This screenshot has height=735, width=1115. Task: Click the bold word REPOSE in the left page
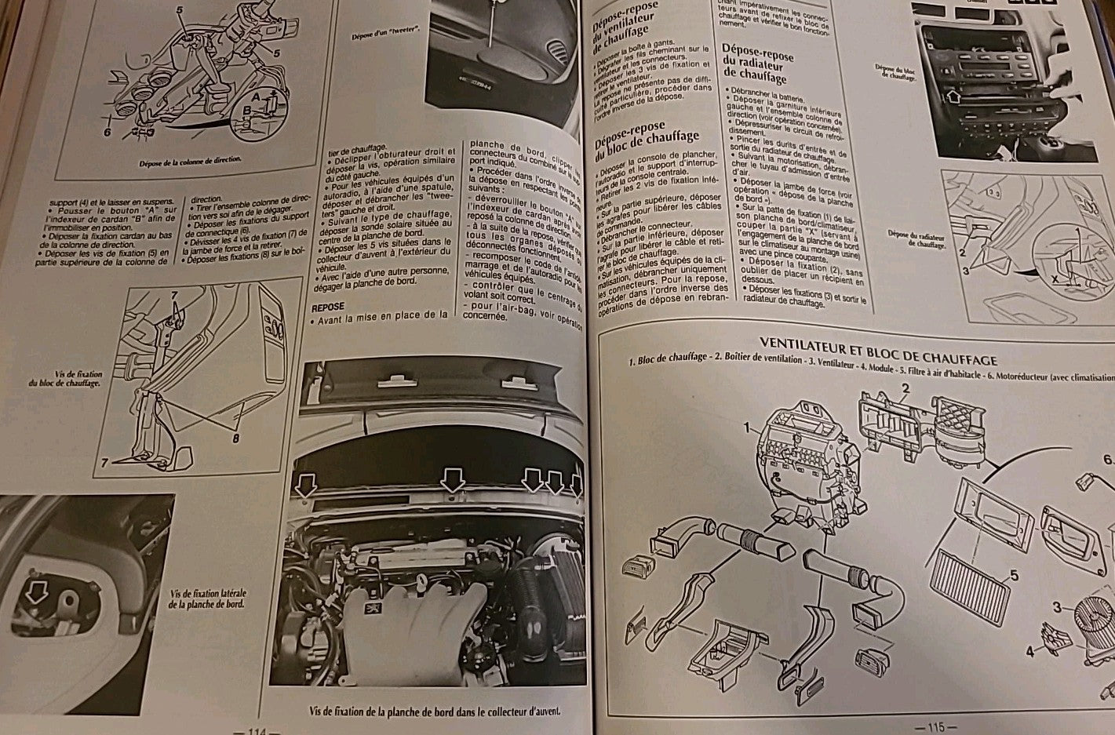(x=328, y=307)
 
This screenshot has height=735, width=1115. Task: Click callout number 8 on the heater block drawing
(x=235, y=438)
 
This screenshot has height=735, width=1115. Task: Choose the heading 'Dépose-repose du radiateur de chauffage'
(x=756, y=64)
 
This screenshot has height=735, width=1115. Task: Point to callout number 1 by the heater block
(x=749, y=428)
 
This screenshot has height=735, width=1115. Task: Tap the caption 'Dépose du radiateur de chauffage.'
(x=916, y=238)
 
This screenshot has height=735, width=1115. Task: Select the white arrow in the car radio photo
(x=953, y=97)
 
